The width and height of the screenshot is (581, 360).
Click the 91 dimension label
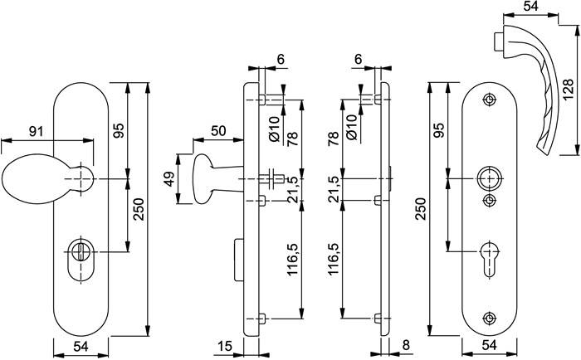37,130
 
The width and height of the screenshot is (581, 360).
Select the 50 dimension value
218,130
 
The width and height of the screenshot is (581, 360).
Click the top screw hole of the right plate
489,101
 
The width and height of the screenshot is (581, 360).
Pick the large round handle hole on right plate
489,178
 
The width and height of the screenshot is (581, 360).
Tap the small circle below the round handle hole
489,201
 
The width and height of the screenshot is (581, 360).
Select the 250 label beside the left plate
141,214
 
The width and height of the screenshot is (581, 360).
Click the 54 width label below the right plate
489,347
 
